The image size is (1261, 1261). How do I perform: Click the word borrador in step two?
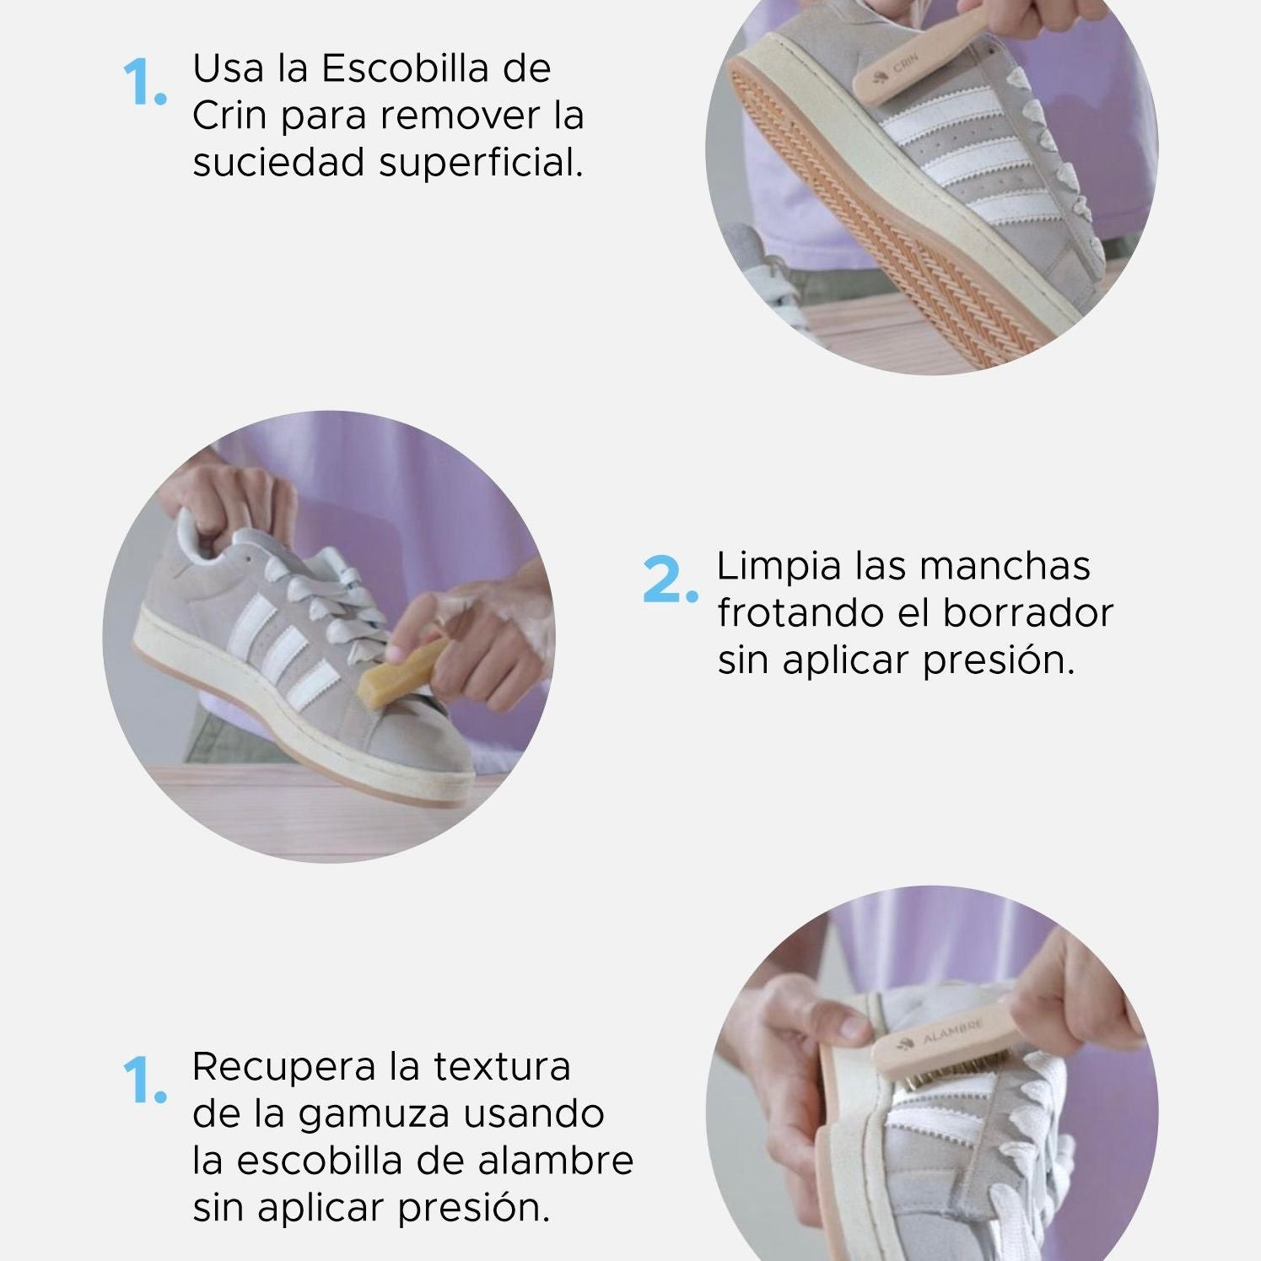1027,613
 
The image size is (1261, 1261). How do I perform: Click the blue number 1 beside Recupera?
143,1080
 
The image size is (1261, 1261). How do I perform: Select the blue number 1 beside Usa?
143,83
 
